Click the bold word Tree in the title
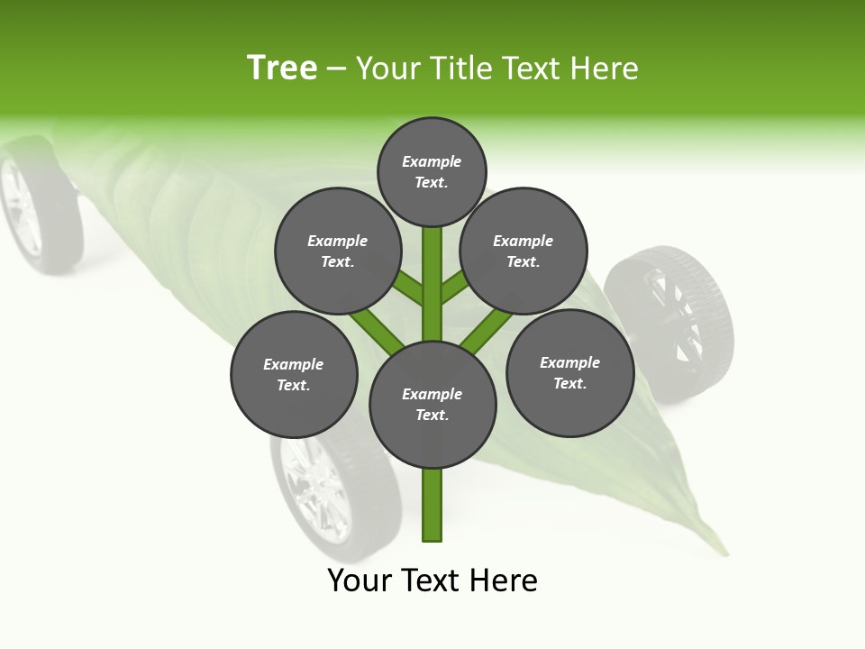[282, 68]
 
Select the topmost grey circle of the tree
[432, 171]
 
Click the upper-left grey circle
[337, 251]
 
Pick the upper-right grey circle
[524, 251]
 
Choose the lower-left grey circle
[294, 374]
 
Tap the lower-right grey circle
[569, 372]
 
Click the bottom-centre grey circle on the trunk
[432, 405]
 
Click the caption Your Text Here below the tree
[432, 580]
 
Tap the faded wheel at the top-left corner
[36, 206]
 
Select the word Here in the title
[604, 69]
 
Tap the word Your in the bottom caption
[360, 580]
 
